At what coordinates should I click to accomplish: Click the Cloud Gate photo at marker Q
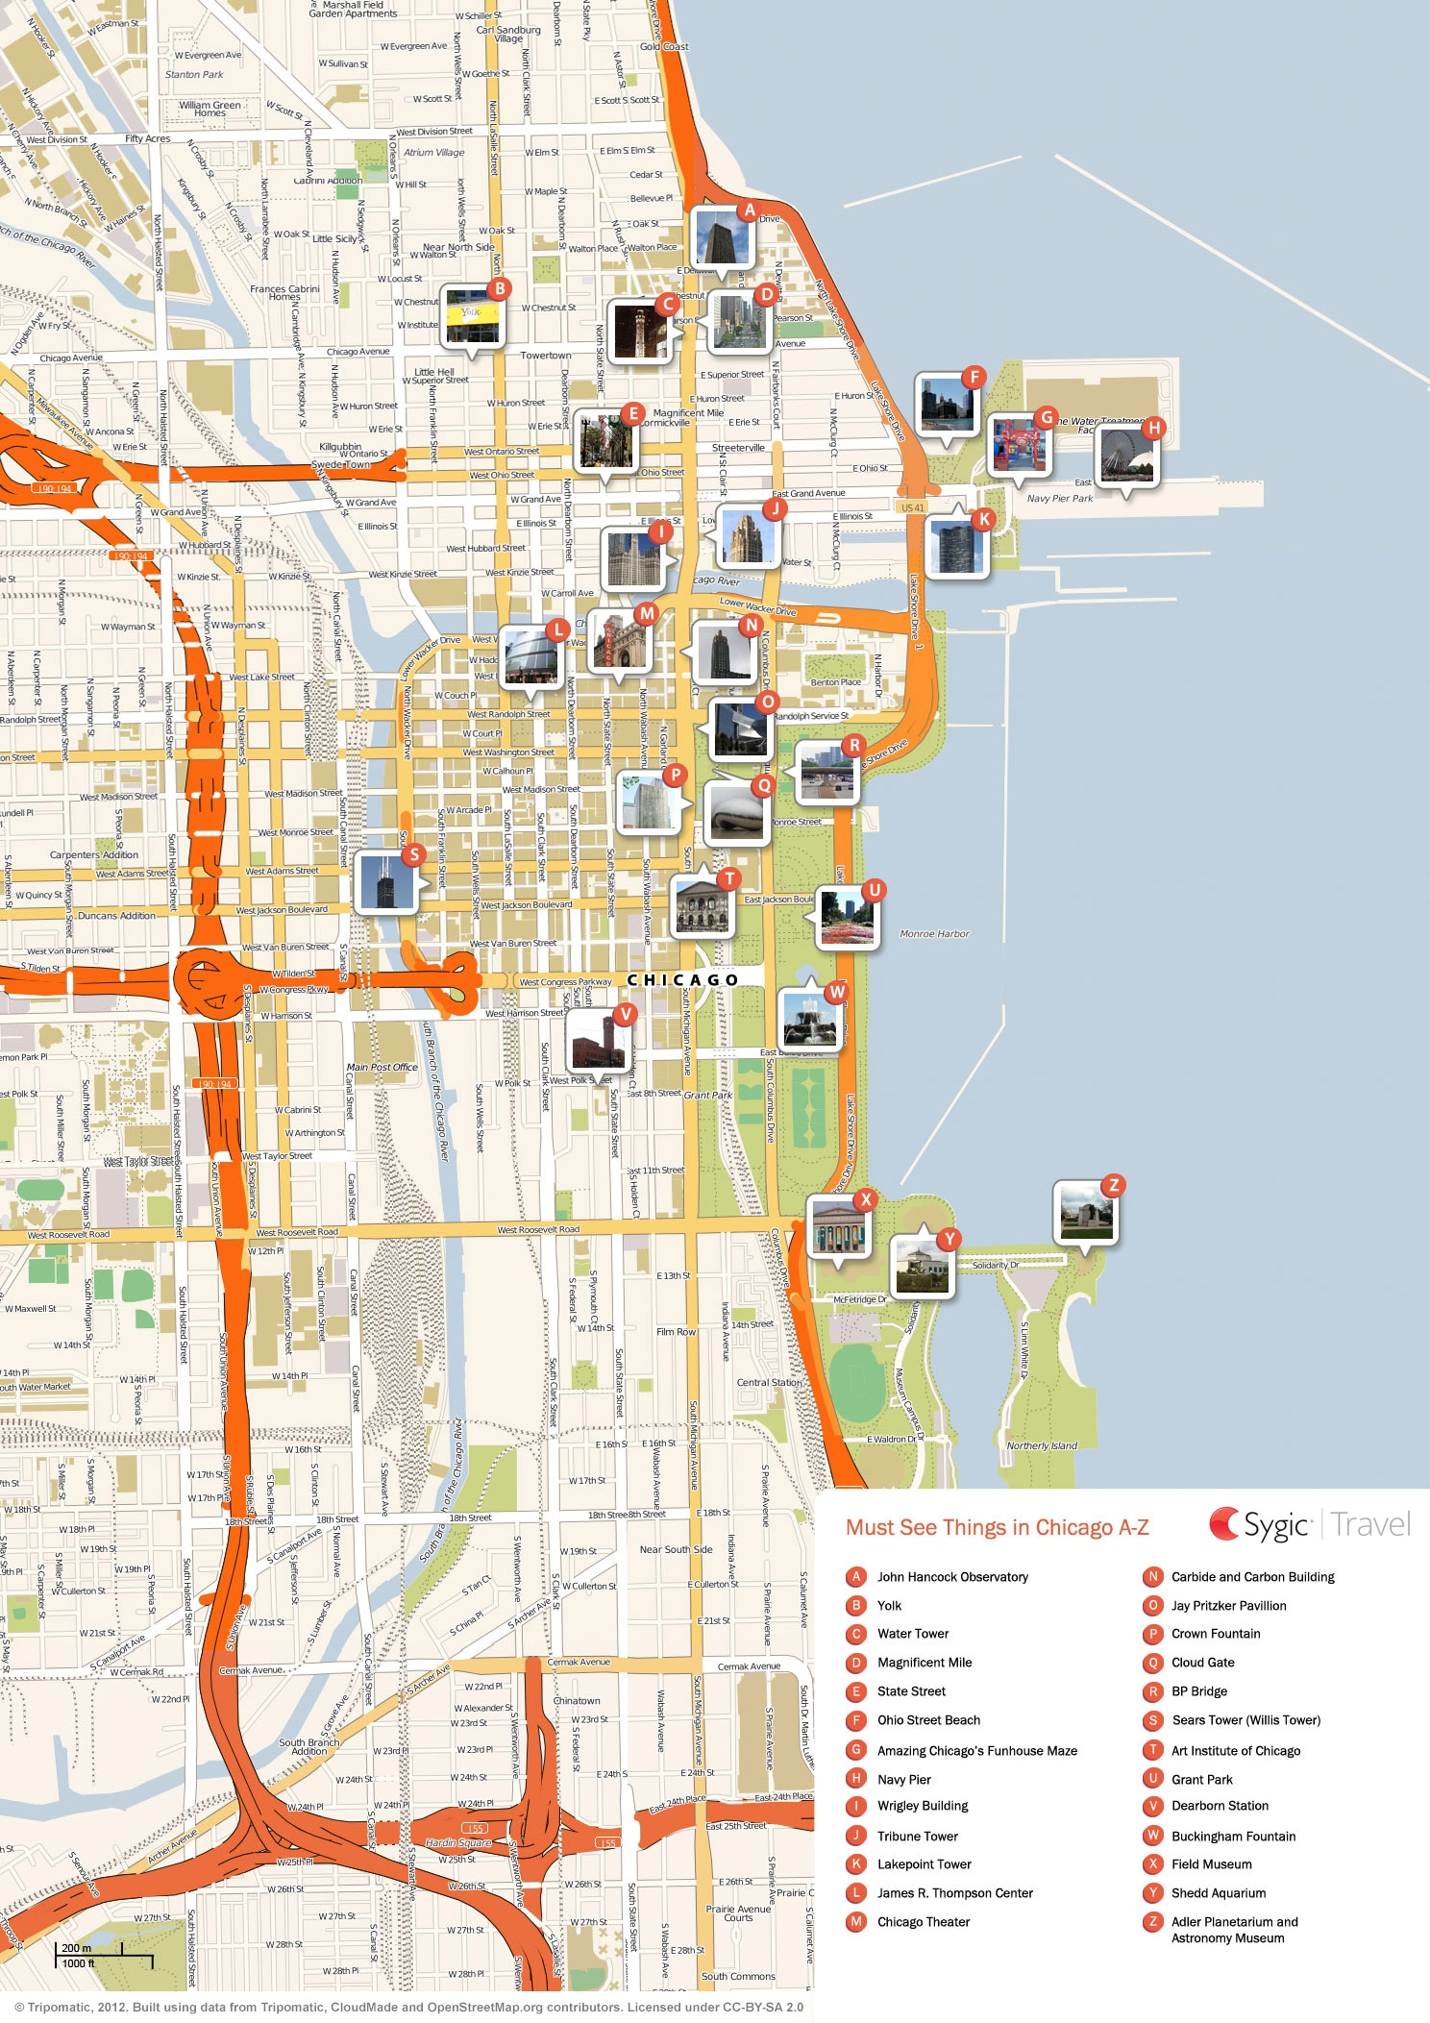735,815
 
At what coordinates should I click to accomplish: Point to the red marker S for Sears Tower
413,854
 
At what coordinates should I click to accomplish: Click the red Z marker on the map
1113,1185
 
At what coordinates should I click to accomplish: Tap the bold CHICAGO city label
682,979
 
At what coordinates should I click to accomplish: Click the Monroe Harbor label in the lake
934,933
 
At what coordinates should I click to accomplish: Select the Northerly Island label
1042,1445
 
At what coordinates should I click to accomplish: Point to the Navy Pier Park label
1059,498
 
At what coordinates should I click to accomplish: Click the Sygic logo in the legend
1260,1525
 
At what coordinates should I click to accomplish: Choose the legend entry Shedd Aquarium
1218,1892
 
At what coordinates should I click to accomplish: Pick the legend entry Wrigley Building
923,1806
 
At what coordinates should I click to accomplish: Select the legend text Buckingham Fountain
1233,1836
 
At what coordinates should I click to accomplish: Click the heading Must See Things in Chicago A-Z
997,1528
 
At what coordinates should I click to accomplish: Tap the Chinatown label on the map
577,1700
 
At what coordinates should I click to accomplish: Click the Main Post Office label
382,1067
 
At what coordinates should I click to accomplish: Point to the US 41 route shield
912,507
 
